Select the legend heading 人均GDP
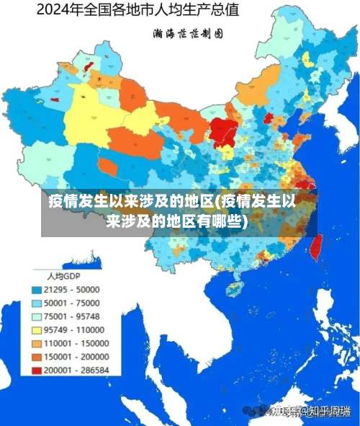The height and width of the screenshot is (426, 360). pyautogui.click(x=63, y=276)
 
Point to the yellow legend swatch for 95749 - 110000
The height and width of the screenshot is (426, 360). pyautogui.click(x=36, y=330)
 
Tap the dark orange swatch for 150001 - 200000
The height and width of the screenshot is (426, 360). pyautogui.click(x=36, y=357)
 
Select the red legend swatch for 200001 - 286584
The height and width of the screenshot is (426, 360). pyautogui.click(x=36, y=370)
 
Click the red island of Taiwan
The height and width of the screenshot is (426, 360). pyautogui.click(x=314, y=247)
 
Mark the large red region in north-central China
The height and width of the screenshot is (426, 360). pyautogui.click(x=224, y=131)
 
